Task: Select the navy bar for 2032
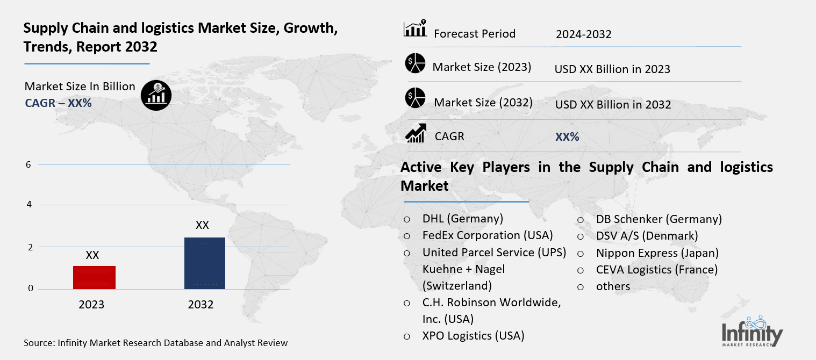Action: click(204, 263)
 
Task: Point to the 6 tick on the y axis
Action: click(28, 165)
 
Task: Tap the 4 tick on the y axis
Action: click(28, 205)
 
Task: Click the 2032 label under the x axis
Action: click(201, 305)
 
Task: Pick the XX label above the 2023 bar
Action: click(92, 255)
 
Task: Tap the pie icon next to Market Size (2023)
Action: click(415, 63)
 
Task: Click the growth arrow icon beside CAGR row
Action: click(416, 133)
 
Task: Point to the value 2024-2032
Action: click(584, 34)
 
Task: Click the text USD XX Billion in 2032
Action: click(613, 104)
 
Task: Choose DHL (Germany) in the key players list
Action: click(462, 219)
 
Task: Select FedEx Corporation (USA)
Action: click(487, 235)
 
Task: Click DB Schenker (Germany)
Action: click(658, 219)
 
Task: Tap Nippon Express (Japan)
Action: click(657, 253)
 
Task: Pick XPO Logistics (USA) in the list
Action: click(473, 336)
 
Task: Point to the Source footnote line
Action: click(156, 343)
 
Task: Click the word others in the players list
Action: click(613, 286)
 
